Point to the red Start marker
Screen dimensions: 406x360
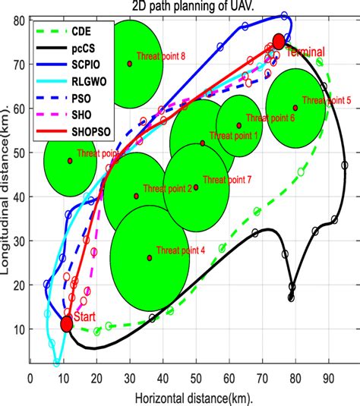(67, 324)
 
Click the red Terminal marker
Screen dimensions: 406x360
(279, 42)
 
